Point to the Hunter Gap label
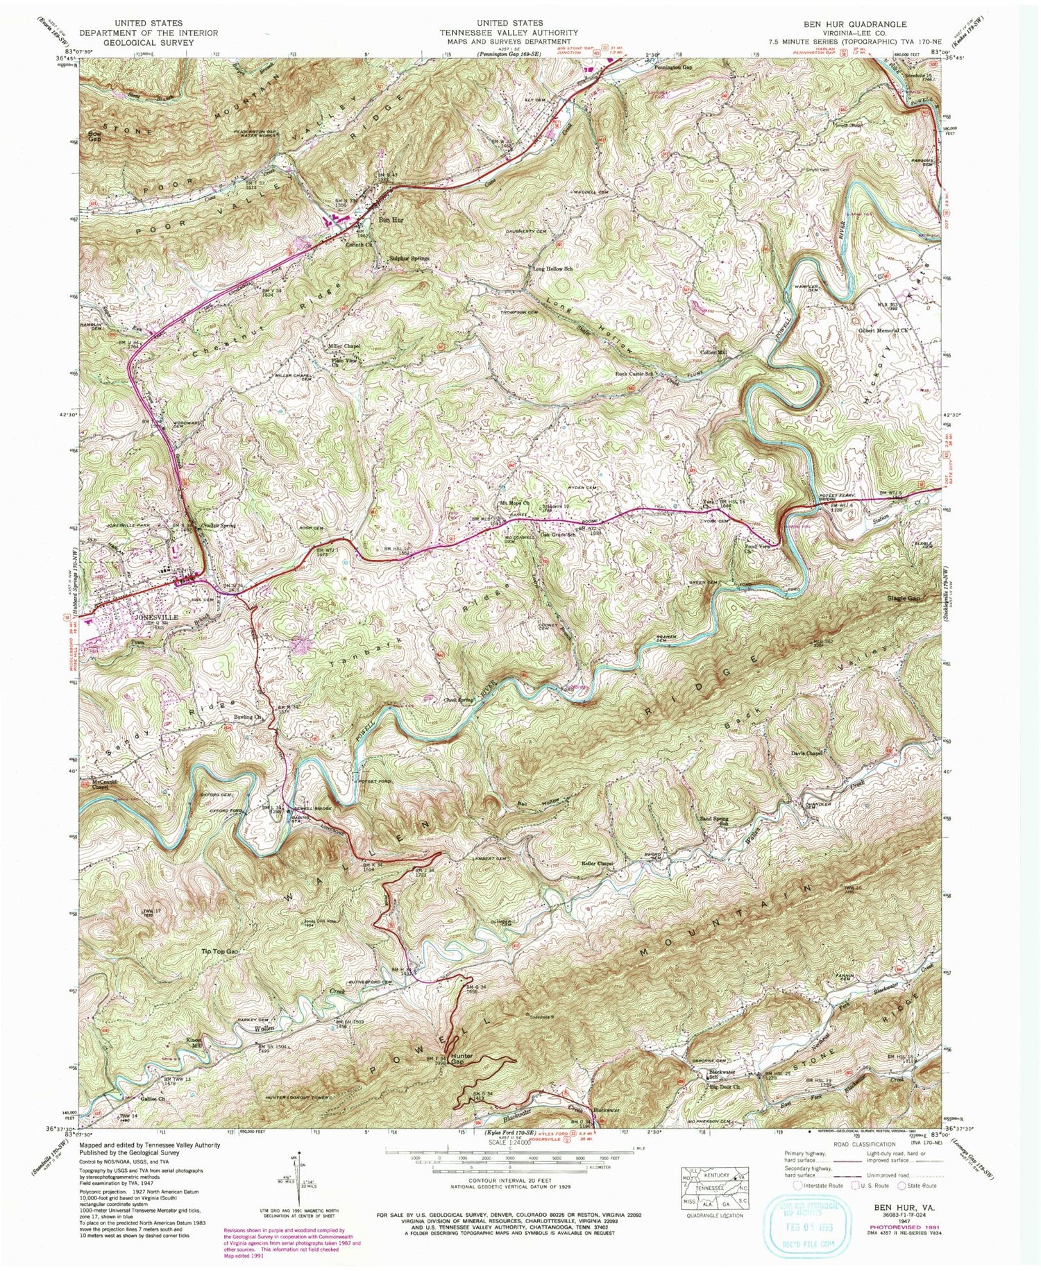462,1059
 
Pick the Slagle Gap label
905,598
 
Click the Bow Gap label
94,135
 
